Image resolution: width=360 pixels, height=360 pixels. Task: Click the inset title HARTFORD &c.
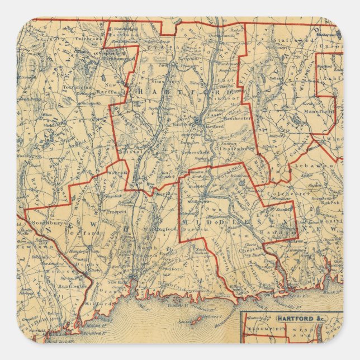pyautogui.click(x=292, y=318)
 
